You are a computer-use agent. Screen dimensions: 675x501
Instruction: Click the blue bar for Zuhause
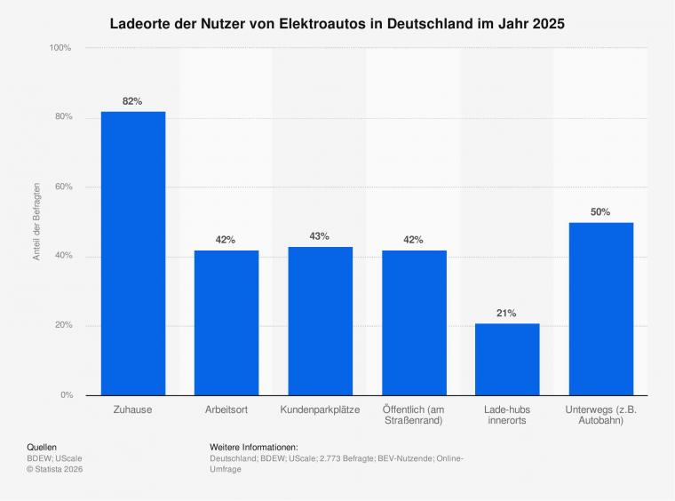pyautogui.click(x=133, y=253)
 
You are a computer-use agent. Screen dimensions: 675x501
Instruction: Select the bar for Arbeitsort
pyautogui.click(x=226, y=322)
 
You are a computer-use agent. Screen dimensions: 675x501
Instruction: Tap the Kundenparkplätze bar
pyautogui.click(x=321, y=321)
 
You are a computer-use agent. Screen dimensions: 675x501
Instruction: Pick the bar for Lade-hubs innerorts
pyautogui.click(x=507, y=360)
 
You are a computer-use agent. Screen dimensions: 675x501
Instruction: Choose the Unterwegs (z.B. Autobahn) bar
pyautogui.click(x=601, y=309)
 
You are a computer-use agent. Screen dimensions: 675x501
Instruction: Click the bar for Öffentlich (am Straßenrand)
pyautogui.click(x=414, y=322)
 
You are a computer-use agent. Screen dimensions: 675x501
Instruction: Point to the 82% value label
pyautogui.click(x=132, y=101)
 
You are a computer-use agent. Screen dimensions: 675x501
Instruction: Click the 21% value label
pyautogui.click(x=506, y=313)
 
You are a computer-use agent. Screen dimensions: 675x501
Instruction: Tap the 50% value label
pyautogui.click(x=600, y=211)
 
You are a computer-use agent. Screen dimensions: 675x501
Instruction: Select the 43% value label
pyautogui.click(x=320, y=236)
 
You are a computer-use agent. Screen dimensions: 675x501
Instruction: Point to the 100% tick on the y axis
pyautogui.click(x=60, y=48)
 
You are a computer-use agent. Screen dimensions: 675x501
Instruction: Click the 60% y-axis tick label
pyautogui.click(x=64, y=187)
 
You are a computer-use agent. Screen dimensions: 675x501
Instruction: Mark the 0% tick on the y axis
pyautogui.click(x=67, y=394)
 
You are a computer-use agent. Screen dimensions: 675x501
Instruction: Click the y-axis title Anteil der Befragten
pyautogui.click(x=36, y=221)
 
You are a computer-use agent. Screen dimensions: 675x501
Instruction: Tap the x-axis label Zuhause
pyautogui.click(x=132, y=410)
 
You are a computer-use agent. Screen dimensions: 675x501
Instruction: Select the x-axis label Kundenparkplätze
pyautogui.click(x=320, y=410)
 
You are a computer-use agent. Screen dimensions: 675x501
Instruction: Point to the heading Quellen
pyautogui.click(x=42, y=447)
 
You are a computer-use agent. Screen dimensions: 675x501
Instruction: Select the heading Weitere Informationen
pyautogui.click(x=254, y=447)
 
